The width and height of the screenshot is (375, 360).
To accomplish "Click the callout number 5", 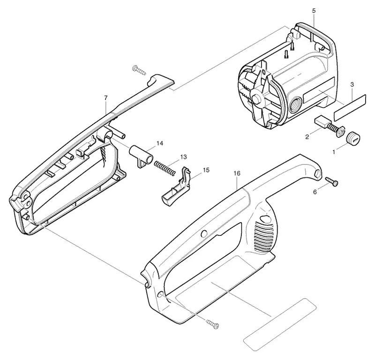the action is [314, 11].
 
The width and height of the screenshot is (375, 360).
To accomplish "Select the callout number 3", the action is [352, 84].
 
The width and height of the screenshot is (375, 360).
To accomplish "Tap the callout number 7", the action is [106, 97].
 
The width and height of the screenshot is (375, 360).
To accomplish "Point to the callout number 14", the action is [160, 143].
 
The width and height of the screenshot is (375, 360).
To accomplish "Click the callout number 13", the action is [183, 157].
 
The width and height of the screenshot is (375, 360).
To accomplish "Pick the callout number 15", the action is [206, 170].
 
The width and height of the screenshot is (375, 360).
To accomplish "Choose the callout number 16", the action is [237, 173].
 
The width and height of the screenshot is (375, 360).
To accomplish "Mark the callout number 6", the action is [315, 192].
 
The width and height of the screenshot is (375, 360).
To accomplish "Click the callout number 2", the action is [307, 137].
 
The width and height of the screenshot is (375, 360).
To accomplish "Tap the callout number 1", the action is [334, 151].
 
